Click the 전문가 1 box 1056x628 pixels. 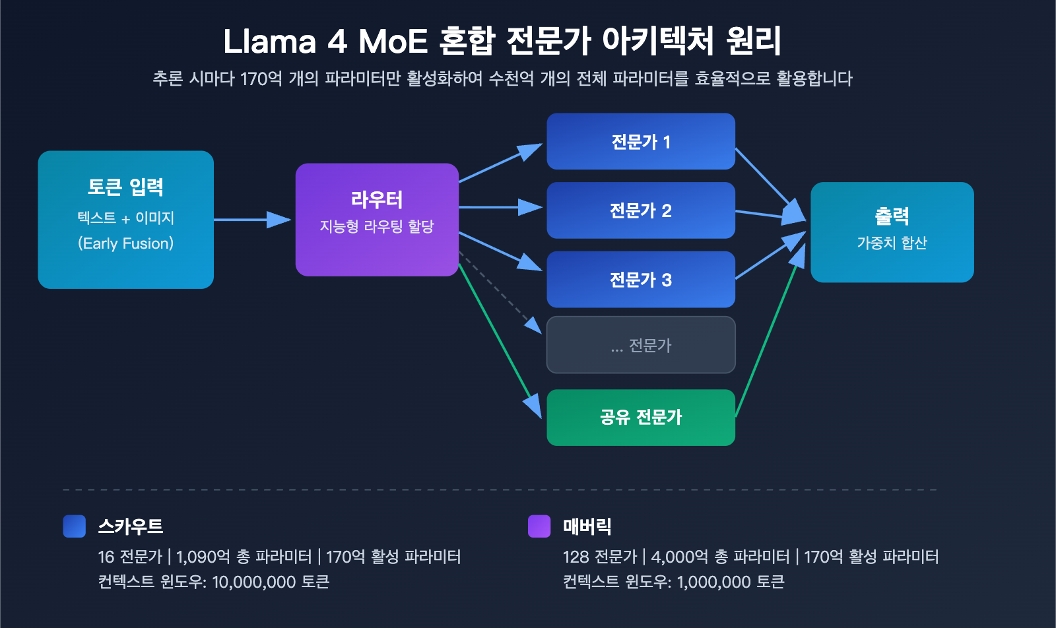pos(640,142)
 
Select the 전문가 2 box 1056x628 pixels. pos(640,210)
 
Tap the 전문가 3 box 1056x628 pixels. pos(640,280)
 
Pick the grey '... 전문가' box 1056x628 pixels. pos(640,345)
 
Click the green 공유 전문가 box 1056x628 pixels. pos(640,418)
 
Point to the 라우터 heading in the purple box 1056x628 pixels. pos(376,199)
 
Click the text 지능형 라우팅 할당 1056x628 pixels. pos(376,227)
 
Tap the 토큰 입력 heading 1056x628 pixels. pos(125,187)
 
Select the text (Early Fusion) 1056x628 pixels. pos(125,243)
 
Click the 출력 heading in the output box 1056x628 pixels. pos(892,216)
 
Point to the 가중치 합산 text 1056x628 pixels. pos(892,243)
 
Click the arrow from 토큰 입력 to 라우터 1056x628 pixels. pos(251,220)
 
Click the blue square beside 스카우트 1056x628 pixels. pos(75,526)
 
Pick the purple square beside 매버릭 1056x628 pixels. pos(539,526)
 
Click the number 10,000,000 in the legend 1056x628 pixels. pos(253,582)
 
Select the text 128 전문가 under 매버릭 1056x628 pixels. pos(599,557)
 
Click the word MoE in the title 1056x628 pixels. pos(393,42)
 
